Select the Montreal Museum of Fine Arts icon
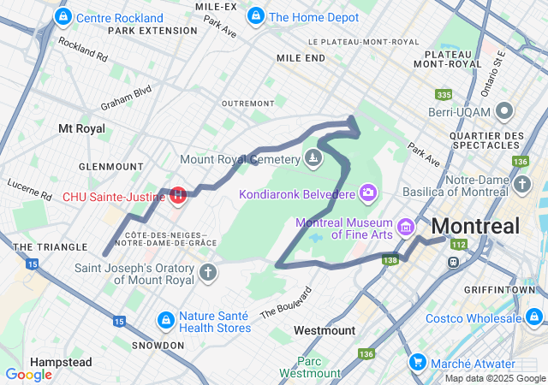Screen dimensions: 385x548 405,228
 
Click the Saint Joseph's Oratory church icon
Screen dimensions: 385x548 207,273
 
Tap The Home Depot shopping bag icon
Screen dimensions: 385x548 255,16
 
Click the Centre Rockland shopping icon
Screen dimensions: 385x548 63,17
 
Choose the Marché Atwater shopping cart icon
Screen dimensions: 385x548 418,362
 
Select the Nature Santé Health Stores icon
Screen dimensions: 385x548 164,320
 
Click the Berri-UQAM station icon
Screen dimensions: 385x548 504,110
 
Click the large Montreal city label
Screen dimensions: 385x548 476,227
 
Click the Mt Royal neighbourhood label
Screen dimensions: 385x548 81,128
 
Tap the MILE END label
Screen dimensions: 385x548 301,57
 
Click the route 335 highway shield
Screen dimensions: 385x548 444,94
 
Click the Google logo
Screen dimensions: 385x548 28,374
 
